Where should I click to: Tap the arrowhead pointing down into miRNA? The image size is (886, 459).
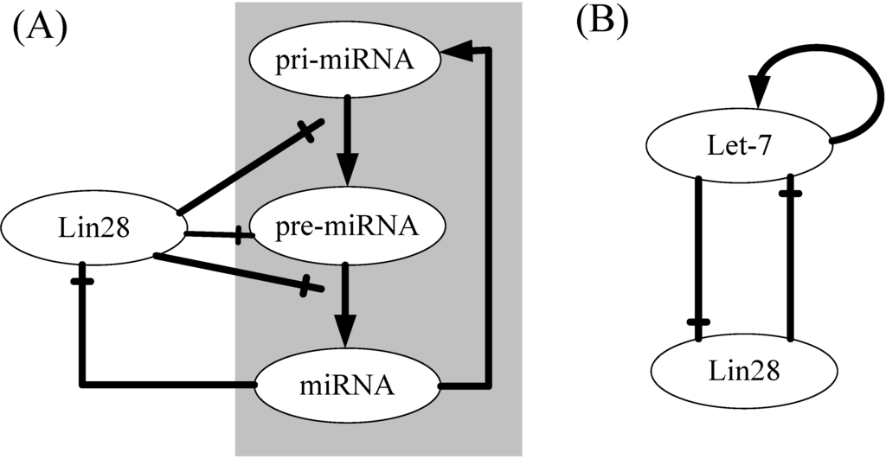347,330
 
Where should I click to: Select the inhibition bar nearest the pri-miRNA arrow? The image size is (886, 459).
309,131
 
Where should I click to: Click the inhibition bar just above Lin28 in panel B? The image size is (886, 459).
698,322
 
